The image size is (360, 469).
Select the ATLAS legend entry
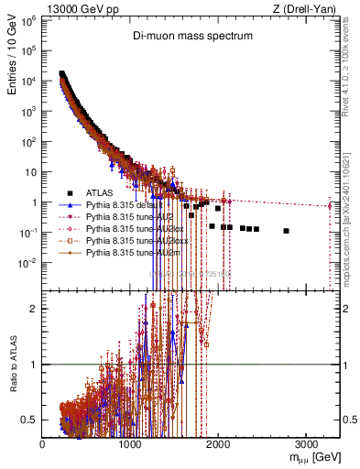pyautogui.click(x=100, y=192)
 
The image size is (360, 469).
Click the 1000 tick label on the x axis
pyautogui.click(x=131, y=442)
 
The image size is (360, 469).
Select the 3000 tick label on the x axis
pyautogui.click(x=307, y=442)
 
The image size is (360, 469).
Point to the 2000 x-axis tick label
pyautogui.click(x=219, y=442)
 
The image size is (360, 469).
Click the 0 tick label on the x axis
pyautogui.click(x=43, y=442)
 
